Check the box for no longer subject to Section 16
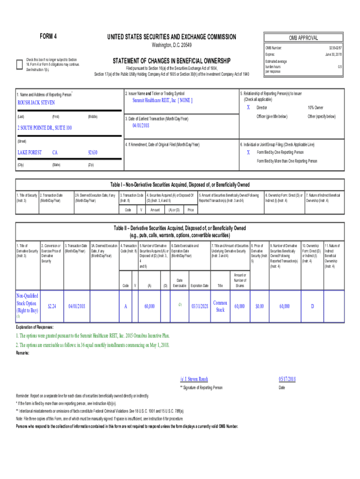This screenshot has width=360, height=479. click(19, 65)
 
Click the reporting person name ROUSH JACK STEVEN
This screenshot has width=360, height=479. click(36, 102)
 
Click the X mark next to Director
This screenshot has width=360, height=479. click(248, 108)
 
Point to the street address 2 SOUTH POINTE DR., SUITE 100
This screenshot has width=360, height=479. click(45, 128)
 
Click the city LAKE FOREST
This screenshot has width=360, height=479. click(29, 152)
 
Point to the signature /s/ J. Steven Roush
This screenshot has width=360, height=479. click(194, 379)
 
